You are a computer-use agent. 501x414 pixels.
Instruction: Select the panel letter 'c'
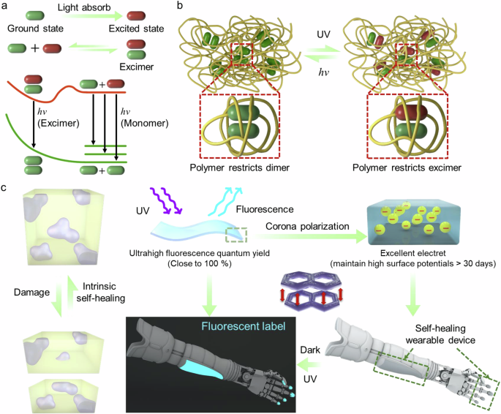click(7, 189)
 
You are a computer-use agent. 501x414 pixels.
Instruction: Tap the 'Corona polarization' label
click(309, 227)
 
